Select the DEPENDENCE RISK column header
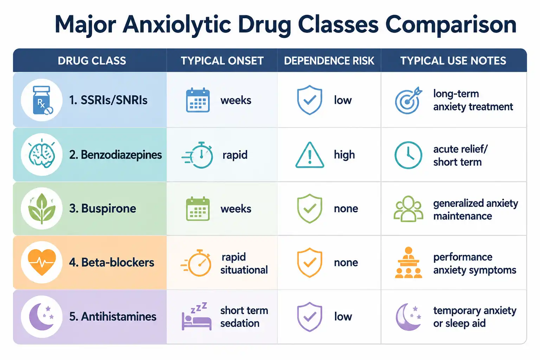pyautogui.click(x=329, y=61)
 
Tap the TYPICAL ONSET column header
pyautogui.click(x=222, y=61)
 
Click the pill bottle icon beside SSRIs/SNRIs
pyautogui.click(x=43, y=100)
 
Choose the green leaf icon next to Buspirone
pyautogui.click(x=42, y=208)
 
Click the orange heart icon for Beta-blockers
pyautogui.click(x=42, y=262)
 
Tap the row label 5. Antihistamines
pyautogui.click(x=112, y=317)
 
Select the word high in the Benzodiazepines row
pyautogui.click(x=345, y=155)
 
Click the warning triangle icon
pyautogui.click(x=310, y=155)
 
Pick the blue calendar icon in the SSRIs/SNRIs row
pyautogui.click(x=198, y=100)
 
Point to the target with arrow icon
pyautogui.click(x=409, y=100)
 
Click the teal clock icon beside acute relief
pyautogui.click(x=408, y=155)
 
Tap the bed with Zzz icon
pyautogui.click(x=197, y=316)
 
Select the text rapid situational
pyautogui.click(x=244, y=264)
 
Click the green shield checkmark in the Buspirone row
pyautogui.click(x=309, y=208)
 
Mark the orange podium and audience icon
pyautogui.click(x=409, y=263)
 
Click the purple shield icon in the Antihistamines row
pyautogui.click(x=309, y=317)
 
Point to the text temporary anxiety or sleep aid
pyautogui.click(x=475, y=317)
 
